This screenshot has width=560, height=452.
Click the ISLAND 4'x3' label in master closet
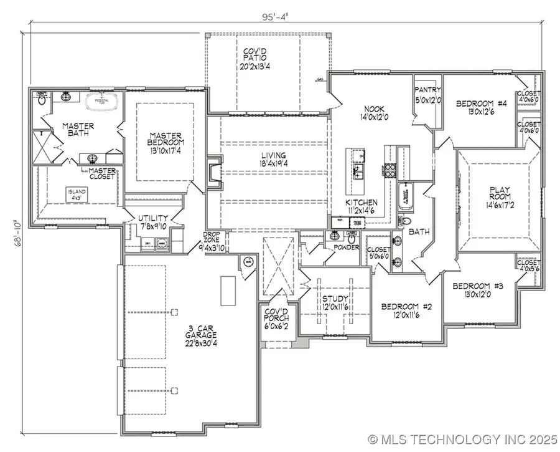[78, 195]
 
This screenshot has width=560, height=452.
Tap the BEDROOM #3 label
[474, 291]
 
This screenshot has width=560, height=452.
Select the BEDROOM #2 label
[402, 311]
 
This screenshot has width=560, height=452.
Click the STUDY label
[334, 303]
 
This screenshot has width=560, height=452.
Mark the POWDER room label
[347, 248]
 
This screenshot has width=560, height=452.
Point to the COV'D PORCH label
[276, 321]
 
